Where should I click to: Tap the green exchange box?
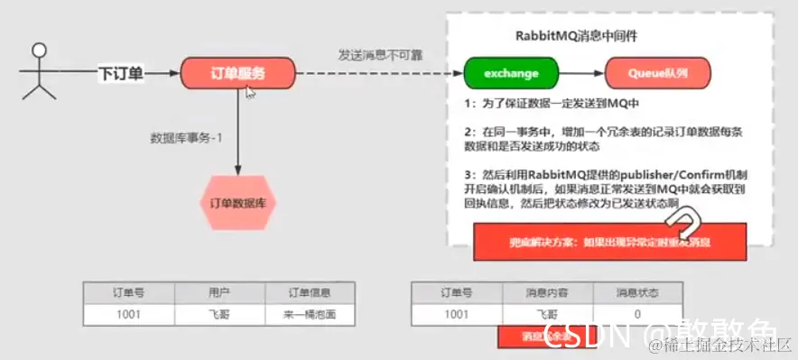coord(510,72)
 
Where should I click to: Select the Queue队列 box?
coord(657,72)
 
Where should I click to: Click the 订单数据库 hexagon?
coord(238,202)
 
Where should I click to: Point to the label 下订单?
coord(121,72)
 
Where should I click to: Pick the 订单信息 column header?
coord(309,293)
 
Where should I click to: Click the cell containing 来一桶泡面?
coord(309,314)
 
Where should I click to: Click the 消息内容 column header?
coord(542,293)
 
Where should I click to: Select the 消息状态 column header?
coord(637,293)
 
